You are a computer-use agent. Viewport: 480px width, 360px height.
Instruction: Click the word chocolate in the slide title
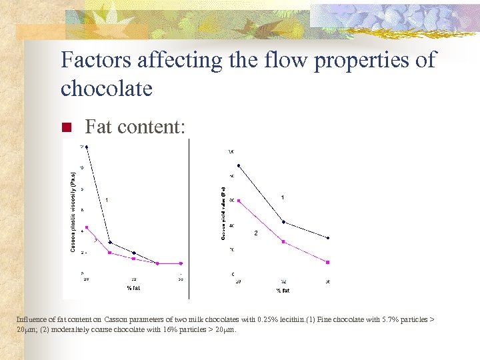coord(107,88)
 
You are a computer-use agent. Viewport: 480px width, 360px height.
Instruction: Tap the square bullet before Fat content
coord(66,127)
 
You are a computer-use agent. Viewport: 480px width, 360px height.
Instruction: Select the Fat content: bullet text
coord(135,127)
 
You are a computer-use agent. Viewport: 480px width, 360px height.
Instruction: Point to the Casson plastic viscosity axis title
coord(73,208)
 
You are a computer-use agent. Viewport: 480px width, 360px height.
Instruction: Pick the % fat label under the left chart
coord(133,288)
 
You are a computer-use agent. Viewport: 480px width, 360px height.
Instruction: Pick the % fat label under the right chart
coord(283,291)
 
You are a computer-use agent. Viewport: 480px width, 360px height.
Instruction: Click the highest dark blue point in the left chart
coord(87,147)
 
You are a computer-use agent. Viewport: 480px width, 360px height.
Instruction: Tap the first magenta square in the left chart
coord(87,227)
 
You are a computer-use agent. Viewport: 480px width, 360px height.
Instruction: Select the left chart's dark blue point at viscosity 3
coord(110,243)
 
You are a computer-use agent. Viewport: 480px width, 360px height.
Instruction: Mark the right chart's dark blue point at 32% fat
coord(284,222)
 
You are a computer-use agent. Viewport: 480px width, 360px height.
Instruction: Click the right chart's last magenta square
coord(327,261)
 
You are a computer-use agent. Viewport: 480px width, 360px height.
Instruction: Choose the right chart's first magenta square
coord(239,200)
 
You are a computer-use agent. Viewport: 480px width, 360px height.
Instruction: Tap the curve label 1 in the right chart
coord(283,197)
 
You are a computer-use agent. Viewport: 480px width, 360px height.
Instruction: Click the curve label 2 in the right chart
coord(256,233)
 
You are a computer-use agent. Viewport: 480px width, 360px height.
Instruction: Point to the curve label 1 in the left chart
coord(107,200)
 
